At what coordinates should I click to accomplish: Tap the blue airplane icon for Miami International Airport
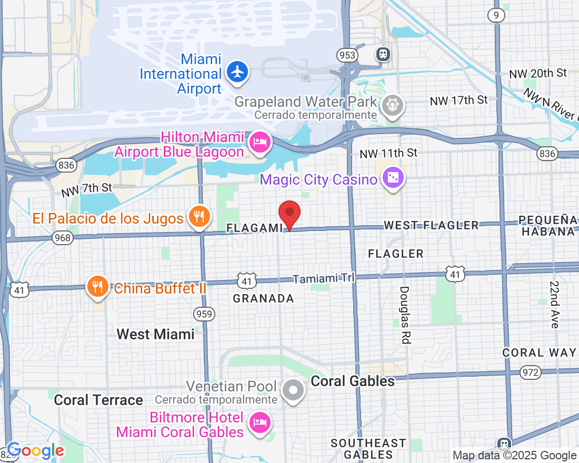pos(237,72)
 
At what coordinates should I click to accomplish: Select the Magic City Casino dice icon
pos(393,179)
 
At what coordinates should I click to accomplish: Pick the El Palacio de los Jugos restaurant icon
pos(199,216)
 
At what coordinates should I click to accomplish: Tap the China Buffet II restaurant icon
pos(97,286)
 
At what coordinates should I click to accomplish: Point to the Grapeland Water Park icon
pos(392,104)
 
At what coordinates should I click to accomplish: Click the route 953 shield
pos(347,55)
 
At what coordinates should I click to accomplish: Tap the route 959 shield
pos(204,314)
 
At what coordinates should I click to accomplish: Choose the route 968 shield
pos(62,238)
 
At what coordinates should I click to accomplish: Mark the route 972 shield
pos(530,373)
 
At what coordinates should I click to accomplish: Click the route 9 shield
pos(496,15)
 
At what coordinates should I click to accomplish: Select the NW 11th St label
pos(388,153)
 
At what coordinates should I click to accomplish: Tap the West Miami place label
pos(155,334)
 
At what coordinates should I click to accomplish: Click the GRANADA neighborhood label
pos(263,298)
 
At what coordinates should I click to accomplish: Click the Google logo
pos(35,450)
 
